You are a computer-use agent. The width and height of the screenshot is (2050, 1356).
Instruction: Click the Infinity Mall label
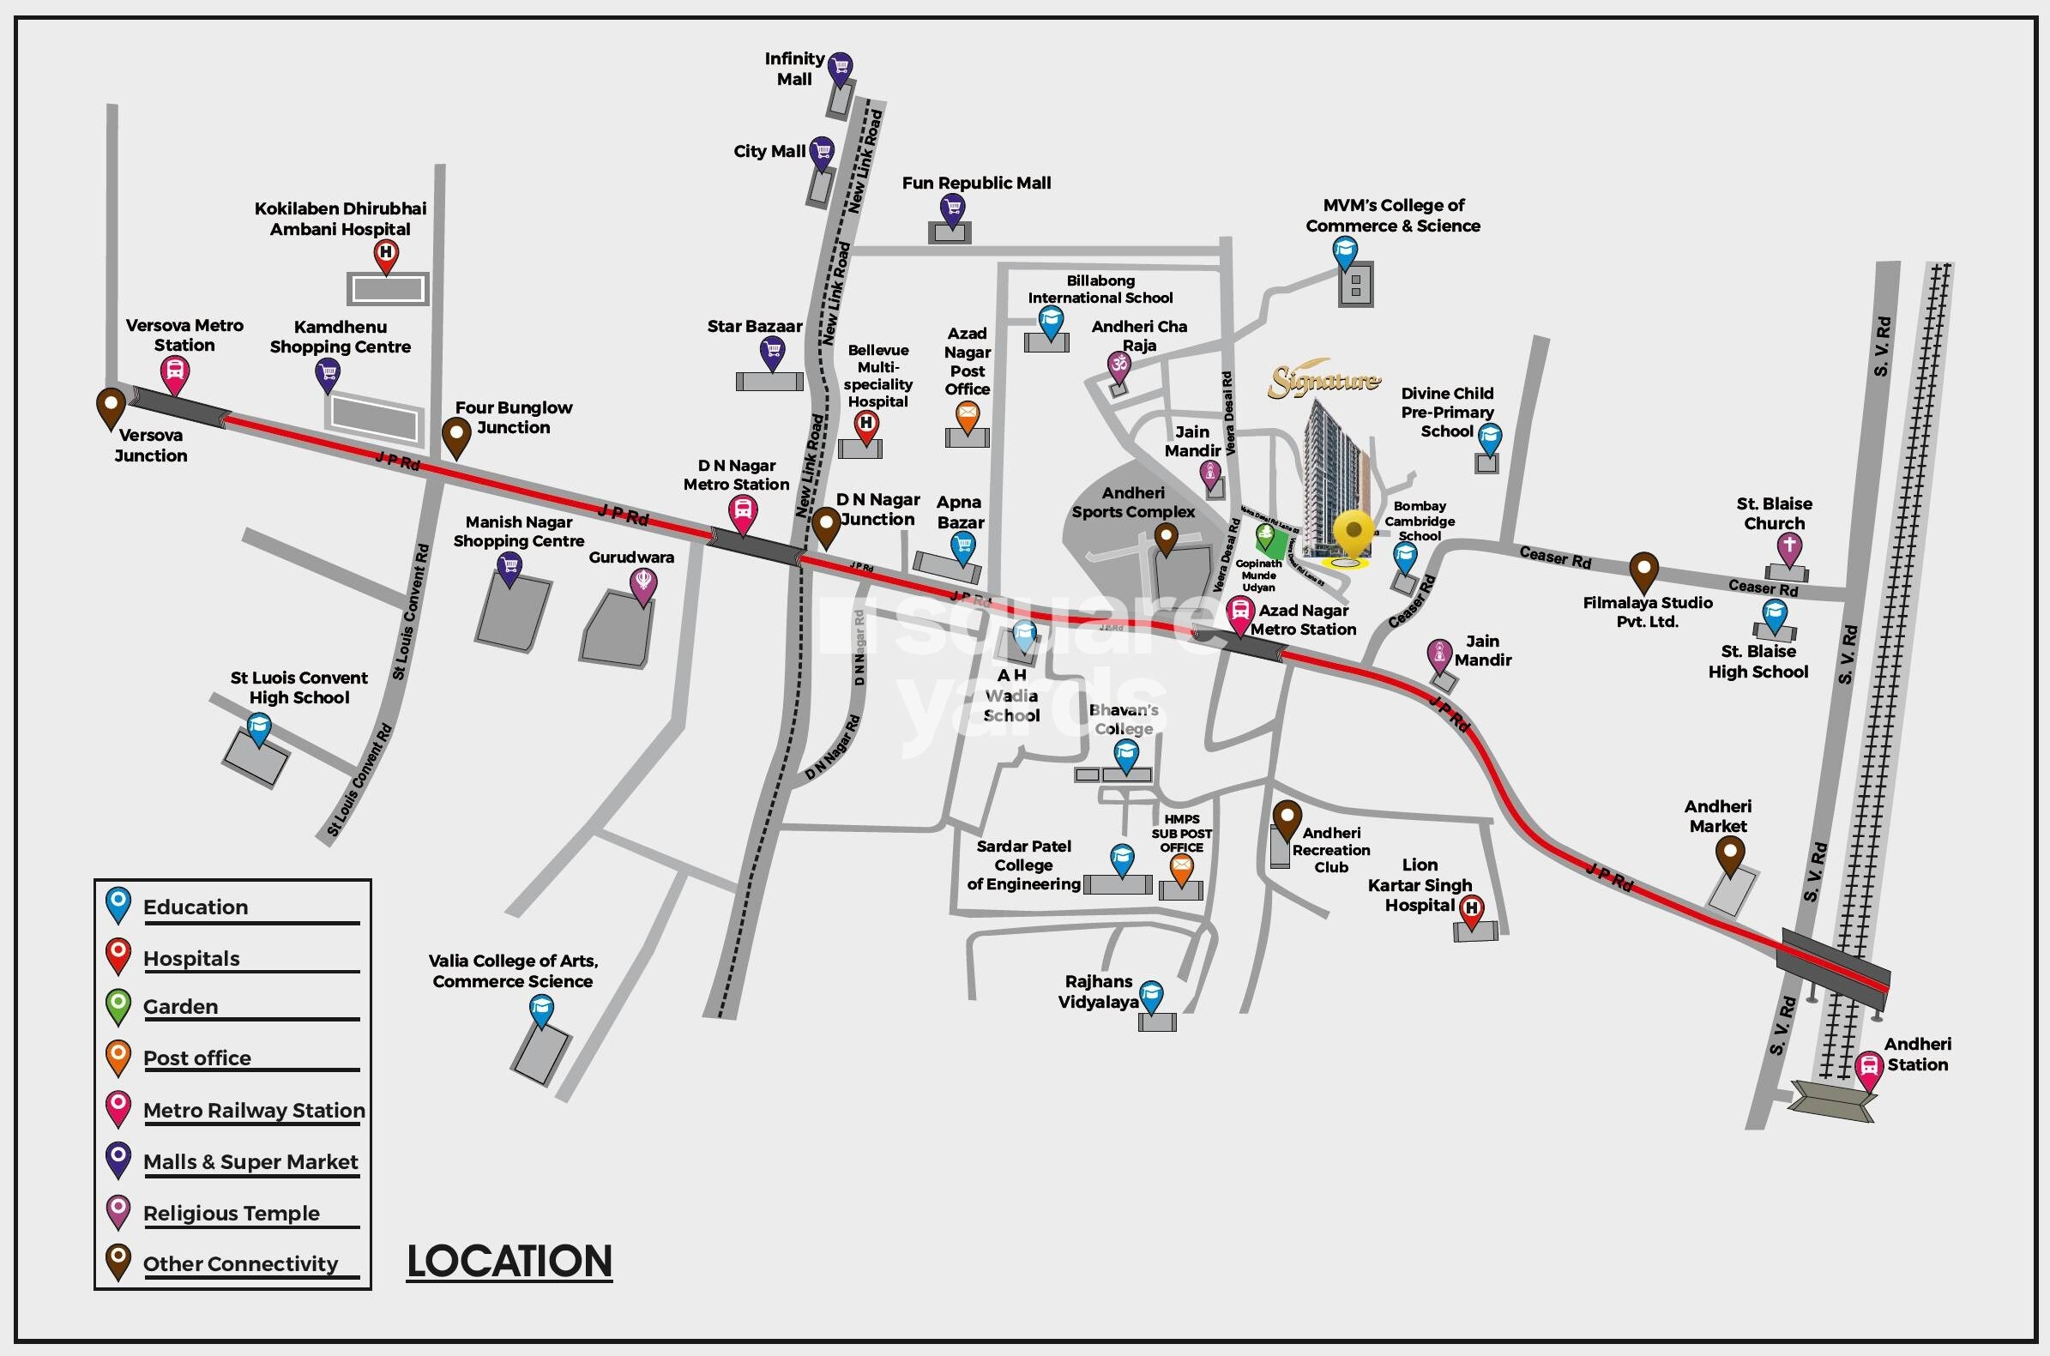click(793, 69)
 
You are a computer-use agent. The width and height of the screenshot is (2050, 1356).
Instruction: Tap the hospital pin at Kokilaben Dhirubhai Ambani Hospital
click(386, 254)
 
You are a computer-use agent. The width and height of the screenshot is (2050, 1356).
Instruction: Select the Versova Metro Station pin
click(175, 374)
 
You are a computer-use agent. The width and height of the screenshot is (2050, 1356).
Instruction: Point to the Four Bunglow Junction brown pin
click(455, 434)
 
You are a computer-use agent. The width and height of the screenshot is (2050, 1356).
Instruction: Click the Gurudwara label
click(631, 557)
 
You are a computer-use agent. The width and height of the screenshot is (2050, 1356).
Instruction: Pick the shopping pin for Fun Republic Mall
click(952, 208)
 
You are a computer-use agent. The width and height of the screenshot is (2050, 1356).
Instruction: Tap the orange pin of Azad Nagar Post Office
click(968, 416)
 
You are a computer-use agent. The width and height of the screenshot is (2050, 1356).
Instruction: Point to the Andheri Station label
click(1917, 1054)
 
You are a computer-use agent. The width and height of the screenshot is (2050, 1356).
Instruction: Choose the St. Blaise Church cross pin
click(1789, 547)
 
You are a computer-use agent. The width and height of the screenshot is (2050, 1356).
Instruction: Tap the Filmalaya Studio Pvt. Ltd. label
click(1647, 612)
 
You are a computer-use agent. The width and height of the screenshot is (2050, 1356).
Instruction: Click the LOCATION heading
click(509, 1261)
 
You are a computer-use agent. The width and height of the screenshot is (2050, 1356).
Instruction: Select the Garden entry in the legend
click(181, 1007)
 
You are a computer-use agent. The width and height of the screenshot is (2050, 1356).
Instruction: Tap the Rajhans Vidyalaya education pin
click(1151, 996)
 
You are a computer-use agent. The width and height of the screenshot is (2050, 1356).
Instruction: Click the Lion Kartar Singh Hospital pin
click(1472, 909)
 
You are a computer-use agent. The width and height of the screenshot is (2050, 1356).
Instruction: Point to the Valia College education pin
click(541, 1009)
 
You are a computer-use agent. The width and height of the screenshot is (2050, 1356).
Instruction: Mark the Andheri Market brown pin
click(1729, 854)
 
